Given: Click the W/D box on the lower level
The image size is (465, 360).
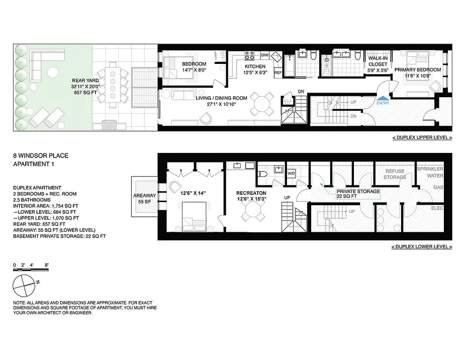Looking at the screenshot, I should (291, 173).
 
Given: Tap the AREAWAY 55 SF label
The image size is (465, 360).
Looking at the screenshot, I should (144, 199).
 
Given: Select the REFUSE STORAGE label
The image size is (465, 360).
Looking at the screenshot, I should (395, 174).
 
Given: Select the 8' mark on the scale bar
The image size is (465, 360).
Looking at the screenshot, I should (46, 265).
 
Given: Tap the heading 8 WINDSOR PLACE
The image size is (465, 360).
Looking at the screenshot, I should (40, 156).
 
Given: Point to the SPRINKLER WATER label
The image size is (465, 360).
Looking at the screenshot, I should (430, 172).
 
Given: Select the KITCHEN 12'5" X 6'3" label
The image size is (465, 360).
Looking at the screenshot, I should (255, 69).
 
